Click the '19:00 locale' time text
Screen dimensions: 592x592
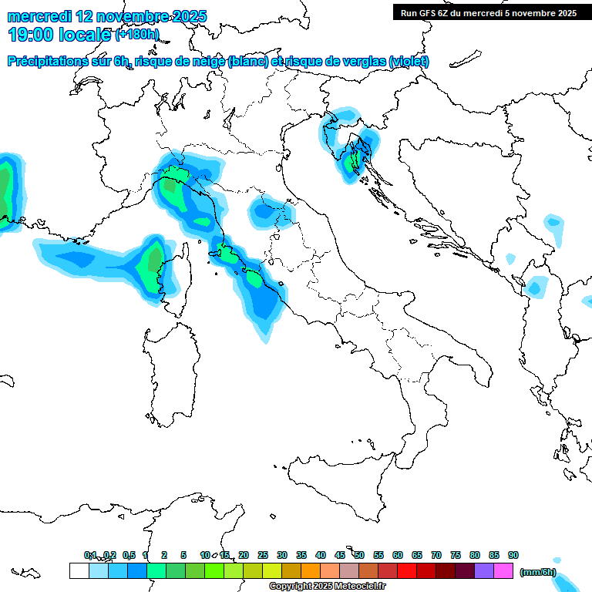coord(59,34)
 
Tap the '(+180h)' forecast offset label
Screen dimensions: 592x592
coord(137,34)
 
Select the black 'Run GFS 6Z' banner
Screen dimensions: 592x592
coord(489,12)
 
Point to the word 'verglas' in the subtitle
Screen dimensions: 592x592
coord(362,62)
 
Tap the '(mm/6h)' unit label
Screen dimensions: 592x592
coord(538,571)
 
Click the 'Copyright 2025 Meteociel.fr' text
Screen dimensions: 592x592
coord(327,587)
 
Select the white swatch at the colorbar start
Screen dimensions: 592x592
coord(79,570)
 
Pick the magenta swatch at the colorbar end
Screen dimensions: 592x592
coord(503,570)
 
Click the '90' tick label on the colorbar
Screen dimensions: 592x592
coord(513,555)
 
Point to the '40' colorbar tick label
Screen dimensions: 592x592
coord(321,555)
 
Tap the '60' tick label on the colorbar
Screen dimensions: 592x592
coord(398,555)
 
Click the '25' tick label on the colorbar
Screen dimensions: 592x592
coord(263,555)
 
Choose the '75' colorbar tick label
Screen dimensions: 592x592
coord(456,555)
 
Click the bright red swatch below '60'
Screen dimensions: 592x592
coord(407,570)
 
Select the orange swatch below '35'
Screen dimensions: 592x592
coord(311,570)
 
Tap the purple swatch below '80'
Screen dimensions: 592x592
coord(484,570)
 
